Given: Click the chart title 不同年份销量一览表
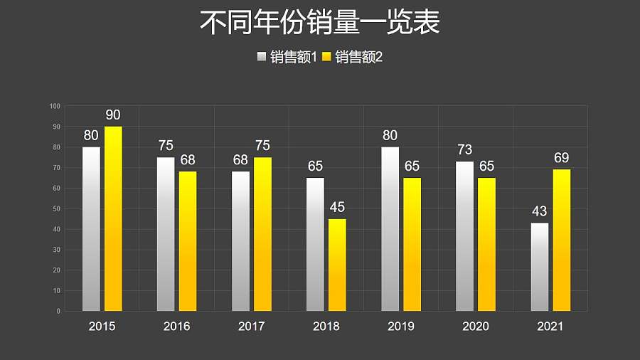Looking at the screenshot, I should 319,23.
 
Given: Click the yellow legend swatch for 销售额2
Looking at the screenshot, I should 327,58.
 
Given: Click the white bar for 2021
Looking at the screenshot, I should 540,267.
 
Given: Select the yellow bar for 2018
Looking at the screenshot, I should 337,265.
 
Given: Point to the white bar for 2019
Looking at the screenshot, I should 390,229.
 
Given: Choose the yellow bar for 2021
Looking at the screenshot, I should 562,240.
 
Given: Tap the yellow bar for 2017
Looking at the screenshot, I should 262,234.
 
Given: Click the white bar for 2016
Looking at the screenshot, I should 166,234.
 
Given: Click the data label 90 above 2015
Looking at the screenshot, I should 113,115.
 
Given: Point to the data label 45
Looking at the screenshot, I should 337,208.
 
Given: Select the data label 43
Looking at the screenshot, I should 540,212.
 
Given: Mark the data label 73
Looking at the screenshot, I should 464,150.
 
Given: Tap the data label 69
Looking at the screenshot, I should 562,158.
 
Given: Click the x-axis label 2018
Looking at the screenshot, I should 326,327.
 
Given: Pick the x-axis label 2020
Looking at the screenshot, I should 475,327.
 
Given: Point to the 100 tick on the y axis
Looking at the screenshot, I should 55,106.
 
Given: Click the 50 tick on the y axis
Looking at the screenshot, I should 57,208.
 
